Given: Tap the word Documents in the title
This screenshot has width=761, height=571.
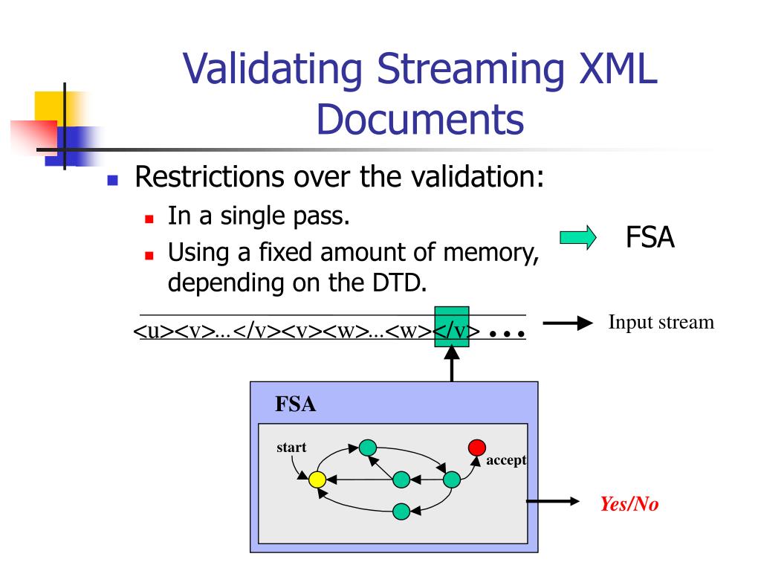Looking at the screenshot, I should [421, 120].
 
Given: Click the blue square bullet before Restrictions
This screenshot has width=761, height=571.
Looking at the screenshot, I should [113, 181].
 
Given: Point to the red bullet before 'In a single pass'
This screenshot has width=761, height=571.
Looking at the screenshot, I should [149, 219].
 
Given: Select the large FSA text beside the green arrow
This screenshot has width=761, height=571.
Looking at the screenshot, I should [650, 238].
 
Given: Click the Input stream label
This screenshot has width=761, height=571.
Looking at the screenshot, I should [661, 322].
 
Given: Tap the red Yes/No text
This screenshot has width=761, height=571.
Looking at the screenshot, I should [629, 503].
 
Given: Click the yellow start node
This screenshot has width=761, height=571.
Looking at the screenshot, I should [317, 480].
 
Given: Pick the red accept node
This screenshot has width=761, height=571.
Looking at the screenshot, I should [476, 447].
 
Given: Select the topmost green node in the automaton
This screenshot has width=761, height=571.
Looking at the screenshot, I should [367, 448].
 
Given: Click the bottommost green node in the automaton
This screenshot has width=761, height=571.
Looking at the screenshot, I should [401, 512].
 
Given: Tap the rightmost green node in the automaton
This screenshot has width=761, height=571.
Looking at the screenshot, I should [452, 480].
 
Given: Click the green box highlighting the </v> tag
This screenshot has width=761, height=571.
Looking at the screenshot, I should [451, 326].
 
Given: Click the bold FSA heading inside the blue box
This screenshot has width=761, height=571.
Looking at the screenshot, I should [296, 405].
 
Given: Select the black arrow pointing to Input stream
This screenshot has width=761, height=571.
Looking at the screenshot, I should [569, 323].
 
